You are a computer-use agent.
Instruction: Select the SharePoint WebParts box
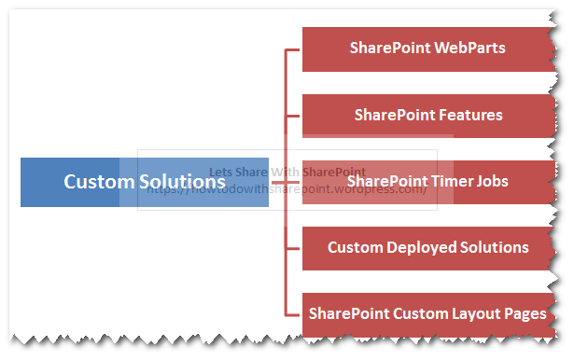[427, 48]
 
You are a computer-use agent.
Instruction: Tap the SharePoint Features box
[427, 116]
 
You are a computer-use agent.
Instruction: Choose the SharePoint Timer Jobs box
[427, 181]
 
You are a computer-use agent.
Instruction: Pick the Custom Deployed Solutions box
[427, 248]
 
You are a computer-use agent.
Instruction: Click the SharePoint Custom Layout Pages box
[427, 313]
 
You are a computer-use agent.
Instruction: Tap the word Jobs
[490, 181]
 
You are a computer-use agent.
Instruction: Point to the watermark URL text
[287, 189]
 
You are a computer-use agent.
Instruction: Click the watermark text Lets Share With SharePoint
[287, 173]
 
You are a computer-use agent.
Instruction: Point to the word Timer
[447, 181]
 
